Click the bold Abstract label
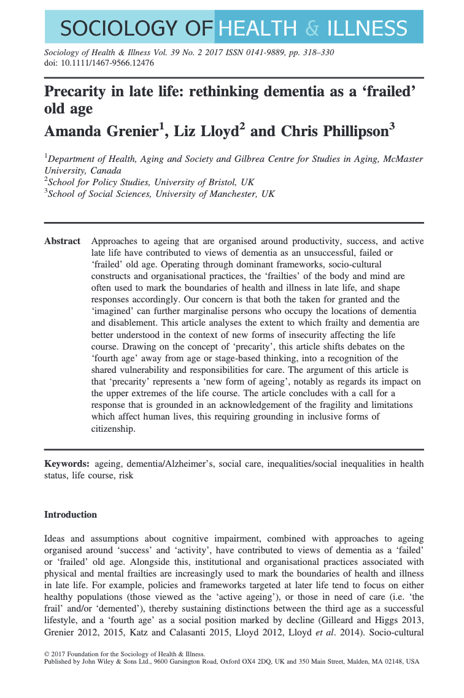point(62,241)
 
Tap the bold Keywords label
point(66,464)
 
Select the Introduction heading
point(71,515)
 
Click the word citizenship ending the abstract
point(113,429)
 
